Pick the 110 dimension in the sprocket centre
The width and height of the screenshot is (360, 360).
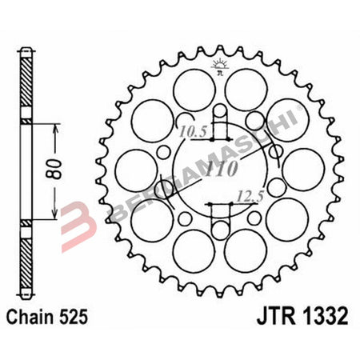pyautogui.click(x=221, y=169)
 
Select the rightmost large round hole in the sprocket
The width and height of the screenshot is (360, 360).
pyautogui.click(x=303, y=169)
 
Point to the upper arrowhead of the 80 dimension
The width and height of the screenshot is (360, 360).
pyautogui.click(x=53, y=126)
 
